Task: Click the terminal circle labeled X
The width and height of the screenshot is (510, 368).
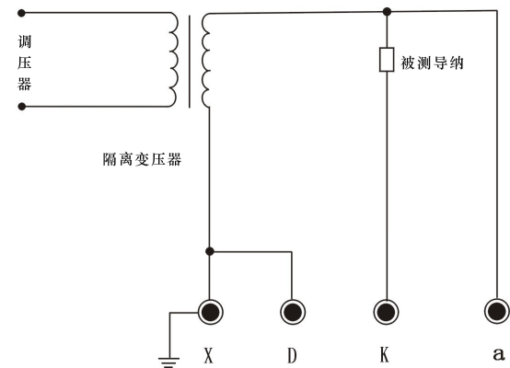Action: tap(211, 312)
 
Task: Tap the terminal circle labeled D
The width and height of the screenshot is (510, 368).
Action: tap(293, 312)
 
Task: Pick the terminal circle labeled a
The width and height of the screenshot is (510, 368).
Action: tap(497, 312)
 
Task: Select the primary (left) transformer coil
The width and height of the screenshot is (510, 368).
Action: tap(173, 61)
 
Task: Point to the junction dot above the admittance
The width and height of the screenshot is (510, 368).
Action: tap(387, 12)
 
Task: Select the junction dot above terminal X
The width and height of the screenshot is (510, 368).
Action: tap(211, 250)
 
